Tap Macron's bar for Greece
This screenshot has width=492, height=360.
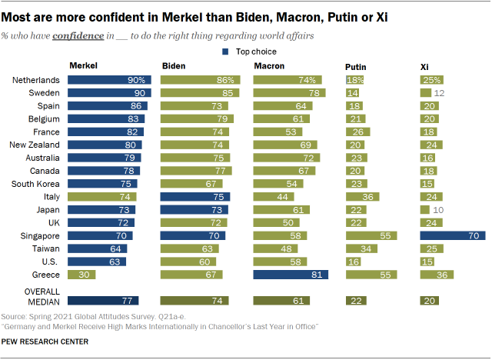point(291,275)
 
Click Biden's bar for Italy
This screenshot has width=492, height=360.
point(193,197)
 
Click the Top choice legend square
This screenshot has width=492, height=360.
point(225,52)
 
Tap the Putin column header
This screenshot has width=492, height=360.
point(355,67)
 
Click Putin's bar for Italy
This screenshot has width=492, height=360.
point(363,197)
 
